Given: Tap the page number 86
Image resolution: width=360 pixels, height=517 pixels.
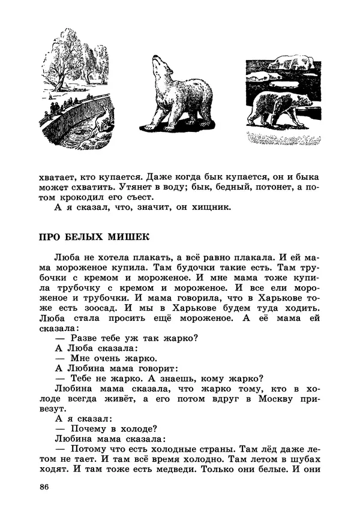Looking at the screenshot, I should tap(43, 486).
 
